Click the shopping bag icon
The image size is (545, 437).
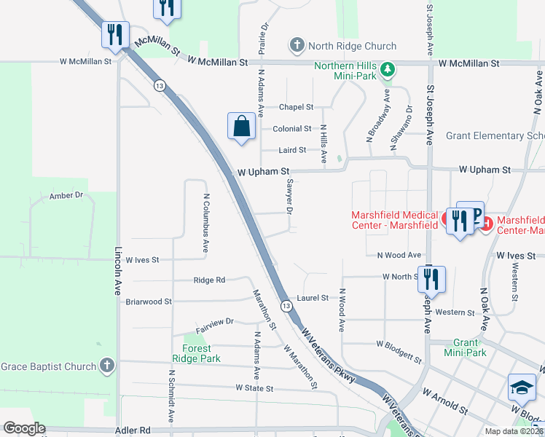tap(242, 127)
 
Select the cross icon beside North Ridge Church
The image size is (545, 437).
tap(297, 46)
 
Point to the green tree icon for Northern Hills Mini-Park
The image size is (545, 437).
tap(388, 70)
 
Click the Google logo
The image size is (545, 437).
tap(24, 428)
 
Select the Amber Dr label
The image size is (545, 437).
tap(66, 196)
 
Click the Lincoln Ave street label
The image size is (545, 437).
tap(118, 269)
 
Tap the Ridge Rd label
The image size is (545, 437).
tap(209, 280)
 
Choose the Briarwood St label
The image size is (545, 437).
tap(149, 301)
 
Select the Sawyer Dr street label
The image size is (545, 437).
tap(289, 196)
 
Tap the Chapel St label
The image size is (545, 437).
tap(296, 107)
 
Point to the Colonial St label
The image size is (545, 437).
tap(292, 129)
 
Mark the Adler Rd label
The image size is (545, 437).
tap(132, 430)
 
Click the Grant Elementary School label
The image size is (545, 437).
tap(495, 135)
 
